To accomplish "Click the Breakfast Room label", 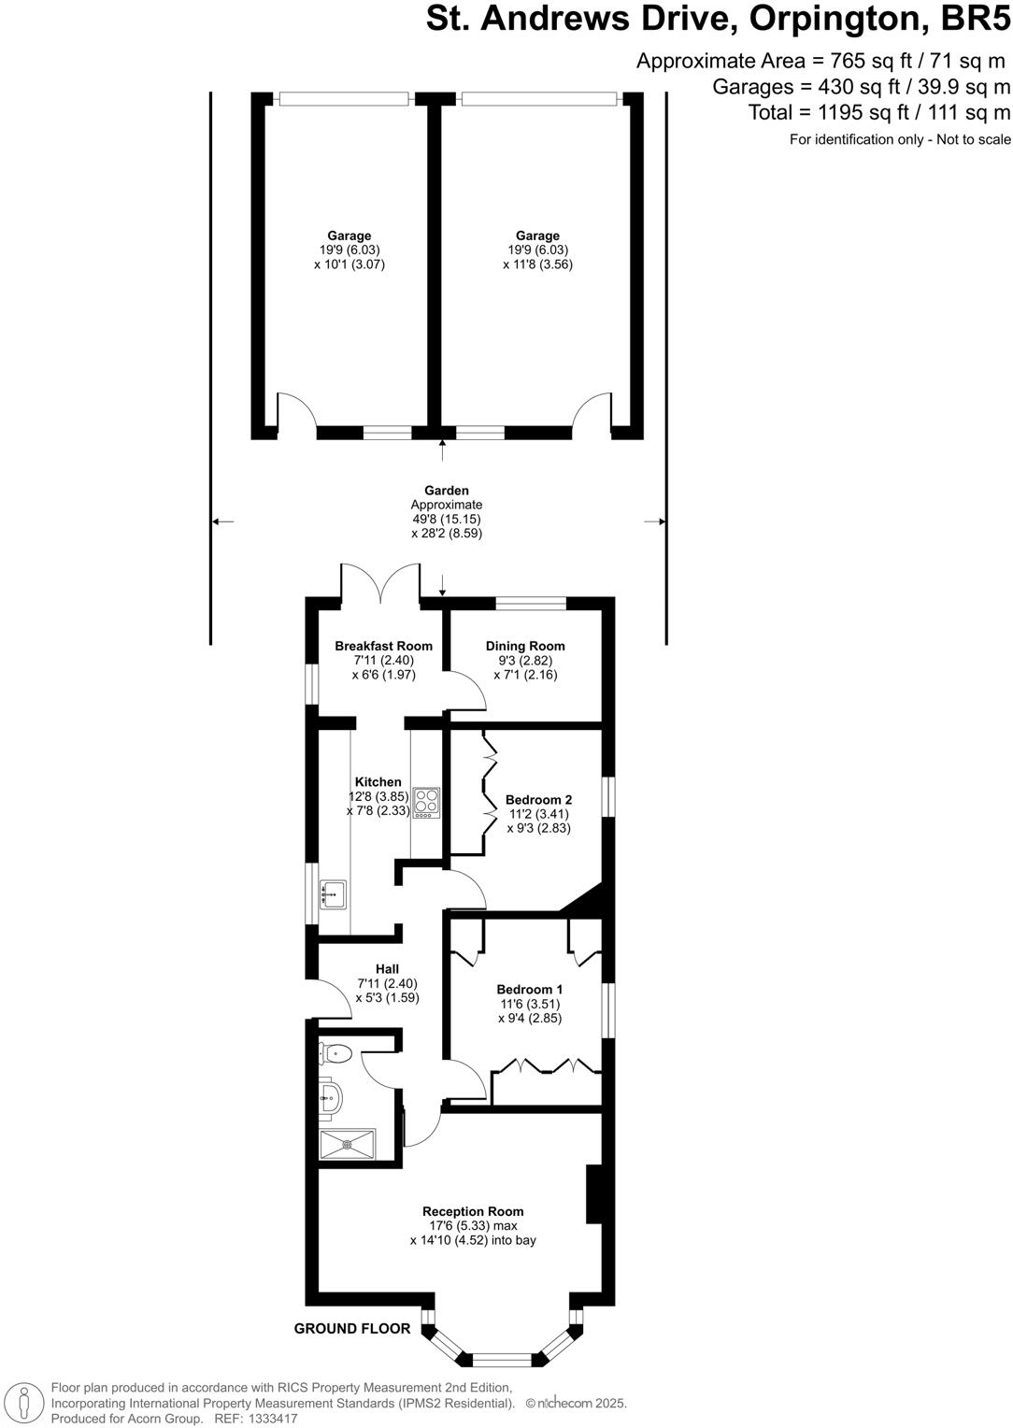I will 383,646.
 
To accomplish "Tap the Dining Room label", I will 525,646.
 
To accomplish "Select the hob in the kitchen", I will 426,803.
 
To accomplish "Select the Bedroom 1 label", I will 529,990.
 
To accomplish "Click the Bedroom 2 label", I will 538,800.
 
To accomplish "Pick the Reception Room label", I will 473,1211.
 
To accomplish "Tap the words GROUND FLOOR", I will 352,1328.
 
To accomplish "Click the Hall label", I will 387,969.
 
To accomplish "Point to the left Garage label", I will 349,236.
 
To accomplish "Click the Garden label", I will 447,490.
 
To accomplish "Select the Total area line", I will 879,113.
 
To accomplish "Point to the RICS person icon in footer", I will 25,1402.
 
